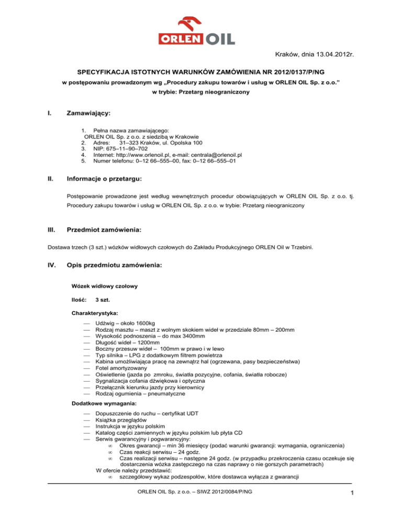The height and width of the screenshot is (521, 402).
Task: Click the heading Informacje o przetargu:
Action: [x=108, y=178]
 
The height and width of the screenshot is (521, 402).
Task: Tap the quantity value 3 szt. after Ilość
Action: [x=103, y=300]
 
